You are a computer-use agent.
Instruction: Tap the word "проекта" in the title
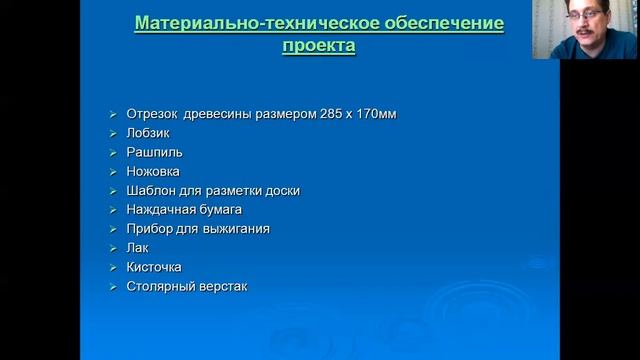[x=318, y=46]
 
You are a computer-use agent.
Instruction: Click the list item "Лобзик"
[x=149, y=133]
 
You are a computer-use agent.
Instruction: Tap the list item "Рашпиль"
[x=155, y=152]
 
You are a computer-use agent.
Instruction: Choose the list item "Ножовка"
[x=155, y=171]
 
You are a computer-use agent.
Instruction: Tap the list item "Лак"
[x=138, y=248]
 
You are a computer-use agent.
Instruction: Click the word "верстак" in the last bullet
[x=223, y=287]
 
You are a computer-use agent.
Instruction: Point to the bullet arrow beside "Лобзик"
[x=113, y=133]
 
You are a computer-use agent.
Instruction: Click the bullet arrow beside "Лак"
[x=113, y=248]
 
